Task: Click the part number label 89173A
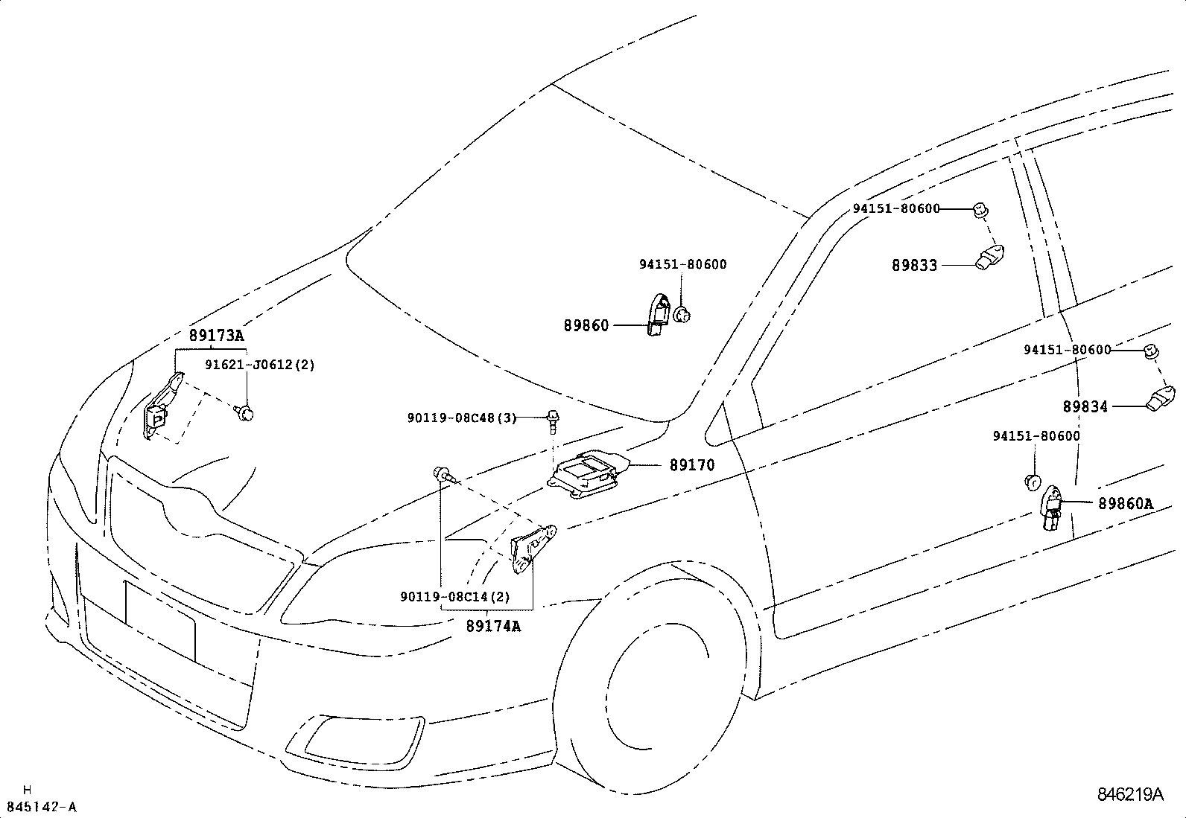coord(216,336)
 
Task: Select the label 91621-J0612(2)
coord(260,365)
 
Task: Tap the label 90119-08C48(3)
coord(462,418)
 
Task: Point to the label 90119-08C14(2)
coord(455,596)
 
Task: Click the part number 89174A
coord(493,626)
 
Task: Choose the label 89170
coord(691,465)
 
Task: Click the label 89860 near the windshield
coord(586,325)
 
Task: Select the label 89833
coord(915,265)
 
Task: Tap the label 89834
coord(1085,407)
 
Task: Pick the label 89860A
coord(1125,504)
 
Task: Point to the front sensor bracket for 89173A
coord(162,406)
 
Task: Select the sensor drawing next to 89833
coord(989,257)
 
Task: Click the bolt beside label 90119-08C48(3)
coord(553,420)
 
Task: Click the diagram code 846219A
coord(1129,794)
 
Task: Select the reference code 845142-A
coord(42,807)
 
